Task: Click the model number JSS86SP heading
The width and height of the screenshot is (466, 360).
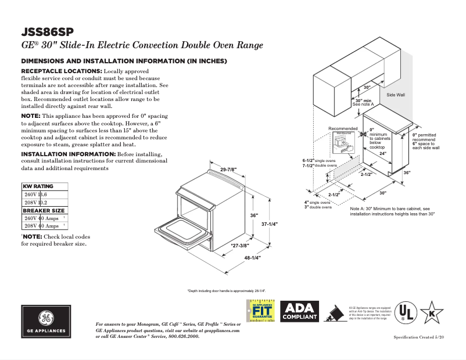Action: (48, 31)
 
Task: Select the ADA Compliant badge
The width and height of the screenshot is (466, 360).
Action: (299, 312)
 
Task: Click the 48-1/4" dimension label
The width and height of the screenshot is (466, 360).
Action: (252, 258)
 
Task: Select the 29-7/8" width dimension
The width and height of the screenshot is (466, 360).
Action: (228, 170)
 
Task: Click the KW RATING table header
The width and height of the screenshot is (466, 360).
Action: (38, 186)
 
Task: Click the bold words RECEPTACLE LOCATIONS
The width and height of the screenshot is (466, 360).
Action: (61, 71)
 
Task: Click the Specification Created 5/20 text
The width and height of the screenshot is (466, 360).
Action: (418, 337)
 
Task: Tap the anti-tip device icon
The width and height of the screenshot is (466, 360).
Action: (334, 314)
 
